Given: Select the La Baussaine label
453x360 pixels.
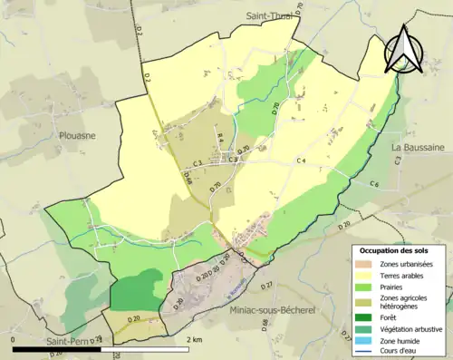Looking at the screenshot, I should pyautogui.click(x=417, y=146).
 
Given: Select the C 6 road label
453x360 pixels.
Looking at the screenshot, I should pyautogui.click(x=374, y=184).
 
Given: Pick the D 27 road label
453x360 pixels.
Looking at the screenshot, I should pyautogui.click(x=265, y=286).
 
